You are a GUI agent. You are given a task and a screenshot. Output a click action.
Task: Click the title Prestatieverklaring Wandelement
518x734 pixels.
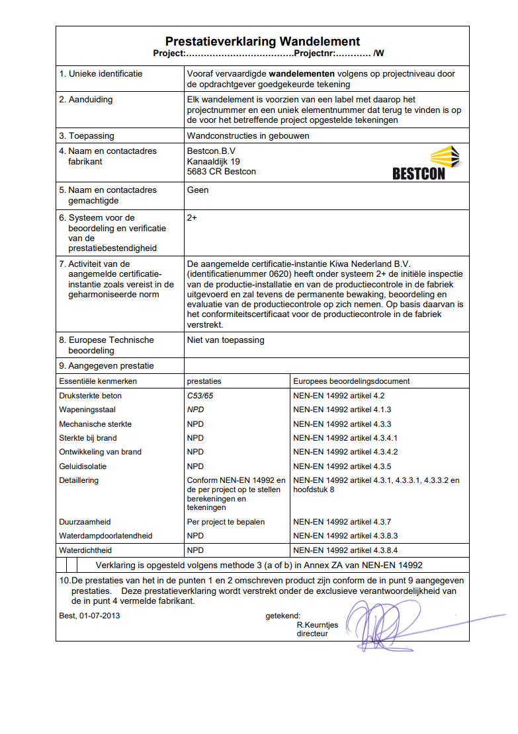(x=262, y=42)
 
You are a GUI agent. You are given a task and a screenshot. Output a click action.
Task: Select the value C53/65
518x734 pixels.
(x=200, y=396)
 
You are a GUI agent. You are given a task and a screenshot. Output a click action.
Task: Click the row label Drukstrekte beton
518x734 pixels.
(x=90, y=396)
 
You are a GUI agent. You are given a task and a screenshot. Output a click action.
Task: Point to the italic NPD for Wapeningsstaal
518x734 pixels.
(x=196, y=410)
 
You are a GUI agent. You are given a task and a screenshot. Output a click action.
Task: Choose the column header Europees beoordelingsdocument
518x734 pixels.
(x=351, y=381)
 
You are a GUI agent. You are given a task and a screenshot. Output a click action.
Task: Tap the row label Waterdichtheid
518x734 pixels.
(x=85, y=550)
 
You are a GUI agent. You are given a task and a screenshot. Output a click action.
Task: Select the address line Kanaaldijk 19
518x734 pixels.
(x=214, y=161)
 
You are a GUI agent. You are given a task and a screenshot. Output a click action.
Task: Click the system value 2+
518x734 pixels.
(x=193, y=217)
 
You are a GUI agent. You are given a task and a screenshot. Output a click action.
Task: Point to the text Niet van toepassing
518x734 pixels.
(x=226, y=340)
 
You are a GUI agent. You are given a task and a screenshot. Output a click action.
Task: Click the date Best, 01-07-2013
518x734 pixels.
(x=89, y=616)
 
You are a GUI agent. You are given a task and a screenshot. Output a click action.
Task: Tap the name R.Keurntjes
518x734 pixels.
(x=318, y=624)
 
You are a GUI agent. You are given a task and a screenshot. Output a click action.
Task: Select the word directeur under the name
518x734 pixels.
(x=312, y=633)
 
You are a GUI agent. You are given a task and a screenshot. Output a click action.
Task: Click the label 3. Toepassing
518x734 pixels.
(x=87, y=136)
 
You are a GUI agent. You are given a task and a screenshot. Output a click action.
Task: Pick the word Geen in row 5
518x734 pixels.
(x=198, y=190)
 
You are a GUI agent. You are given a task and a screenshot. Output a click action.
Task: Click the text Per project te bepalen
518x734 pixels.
(x=226, y=522)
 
